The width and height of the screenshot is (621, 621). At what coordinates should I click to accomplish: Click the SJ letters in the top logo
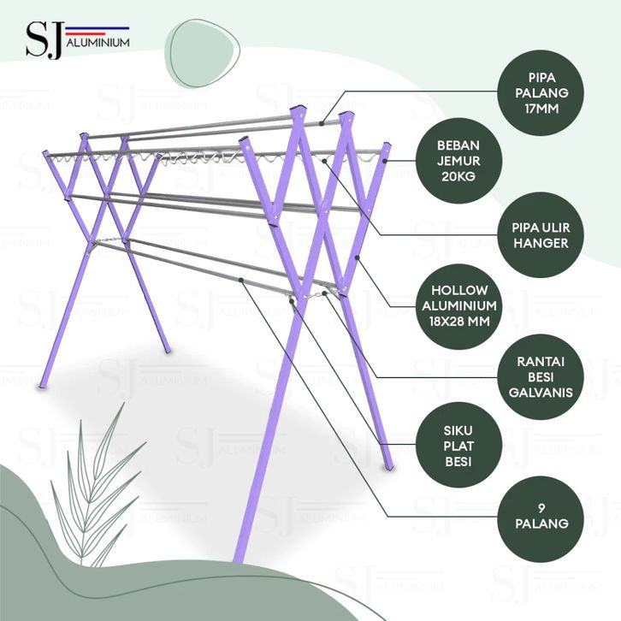[44, 39]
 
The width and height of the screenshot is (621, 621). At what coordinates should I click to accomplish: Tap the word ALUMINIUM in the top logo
[98, 43]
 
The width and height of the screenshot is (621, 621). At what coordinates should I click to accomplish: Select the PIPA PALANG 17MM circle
[541, 93]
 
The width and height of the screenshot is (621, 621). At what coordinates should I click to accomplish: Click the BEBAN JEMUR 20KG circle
[458, 161]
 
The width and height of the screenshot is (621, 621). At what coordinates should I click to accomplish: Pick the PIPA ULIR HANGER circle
[541, 235]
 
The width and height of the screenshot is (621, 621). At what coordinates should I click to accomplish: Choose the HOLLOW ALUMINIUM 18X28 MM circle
[458, 306]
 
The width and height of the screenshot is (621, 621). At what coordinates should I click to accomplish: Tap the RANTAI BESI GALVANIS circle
[541, 377]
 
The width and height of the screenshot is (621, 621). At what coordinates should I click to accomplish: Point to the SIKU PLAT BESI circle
[458, 446]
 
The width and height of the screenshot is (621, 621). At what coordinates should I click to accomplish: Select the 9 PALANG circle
[541, 519]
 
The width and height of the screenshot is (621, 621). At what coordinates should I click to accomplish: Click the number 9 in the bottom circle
[541, 508]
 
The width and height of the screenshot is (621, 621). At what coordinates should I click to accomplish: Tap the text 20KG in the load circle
[458, 177]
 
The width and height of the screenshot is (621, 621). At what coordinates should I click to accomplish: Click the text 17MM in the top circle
[541, 109]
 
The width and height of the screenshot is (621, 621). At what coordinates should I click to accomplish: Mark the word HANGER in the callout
[541, 243]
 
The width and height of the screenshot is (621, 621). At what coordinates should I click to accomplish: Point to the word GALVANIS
[541, 393]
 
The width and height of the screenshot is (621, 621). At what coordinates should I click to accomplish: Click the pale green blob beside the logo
[202, 52]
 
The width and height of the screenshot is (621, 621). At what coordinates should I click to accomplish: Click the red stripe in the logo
[86, 34]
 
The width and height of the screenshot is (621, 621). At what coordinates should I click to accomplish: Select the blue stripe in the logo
[98, 28]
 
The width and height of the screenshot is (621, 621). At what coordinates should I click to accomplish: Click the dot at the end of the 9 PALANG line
[241, 280]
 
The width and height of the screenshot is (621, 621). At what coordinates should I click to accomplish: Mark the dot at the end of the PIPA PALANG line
[322, 124]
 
